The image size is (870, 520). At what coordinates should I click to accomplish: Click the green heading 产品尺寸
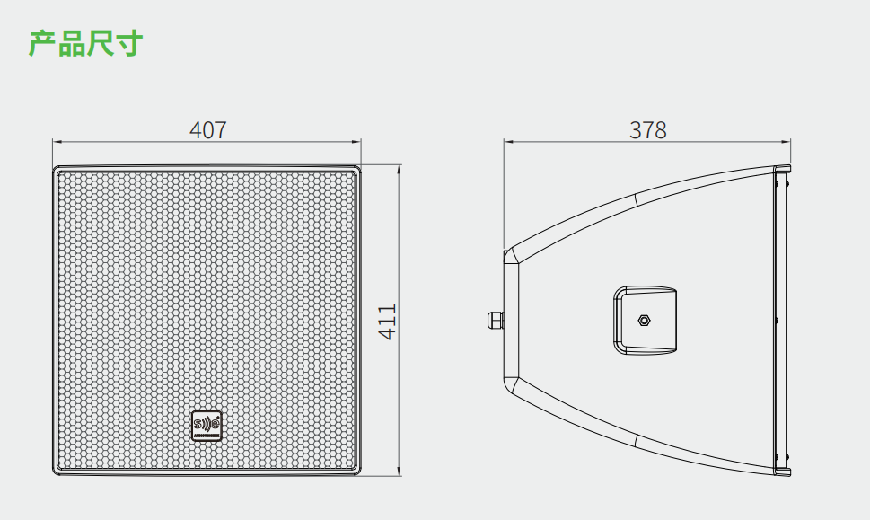pyautogui.click(x=85, y=43)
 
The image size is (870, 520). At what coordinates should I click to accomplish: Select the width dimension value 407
pyautogui.click(x=207, y=130)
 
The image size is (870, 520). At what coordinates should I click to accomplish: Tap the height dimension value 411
pyautogui.click(x=387, y=321)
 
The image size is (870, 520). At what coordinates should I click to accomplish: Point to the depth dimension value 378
pyautogui.click(x=647, y=130)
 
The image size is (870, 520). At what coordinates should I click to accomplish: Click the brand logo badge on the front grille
pyautogui.click(x=206, y=426)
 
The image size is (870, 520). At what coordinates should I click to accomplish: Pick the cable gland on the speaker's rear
pyautogui.click(x=493, y=319)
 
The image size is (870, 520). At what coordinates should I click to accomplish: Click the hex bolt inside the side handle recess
pyautogui.click(x=645, y=320)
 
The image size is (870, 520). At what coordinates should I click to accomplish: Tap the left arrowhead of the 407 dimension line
pyautogui.click(x=56, y=142)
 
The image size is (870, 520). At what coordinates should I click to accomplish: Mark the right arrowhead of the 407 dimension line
pyautogui.click(x=357, y=142)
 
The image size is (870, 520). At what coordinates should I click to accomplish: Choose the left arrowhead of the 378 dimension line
pyautogui.click(x=506, y=142)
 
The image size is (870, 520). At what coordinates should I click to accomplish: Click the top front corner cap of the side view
pyautogui.click(x=781, y=170)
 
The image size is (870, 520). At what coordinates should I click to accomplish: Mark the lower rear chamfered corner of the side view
pyautogui.click(x=511, y=384)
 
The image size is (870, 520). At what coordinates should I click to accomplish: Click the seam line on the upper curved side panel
pyautogui.click(x=636, y=199)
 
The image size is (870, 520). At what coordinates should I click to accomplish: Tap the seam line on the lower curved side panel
pyautogui.click(x=636, y=440)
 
